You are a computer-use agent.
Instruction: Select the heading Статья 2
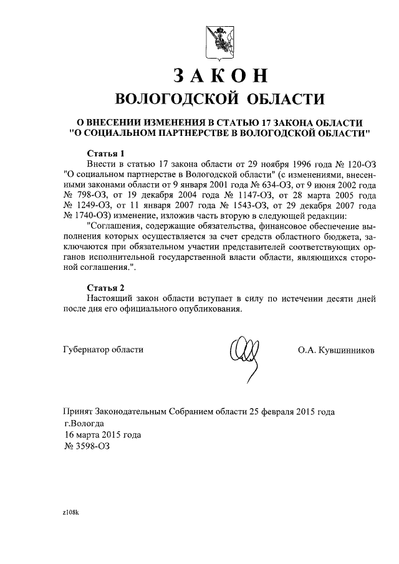[106, 288]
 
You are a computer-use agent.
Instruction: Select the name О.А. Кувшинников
[337, 350]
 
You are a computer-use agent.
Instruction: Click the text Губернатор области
[103, 350]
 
